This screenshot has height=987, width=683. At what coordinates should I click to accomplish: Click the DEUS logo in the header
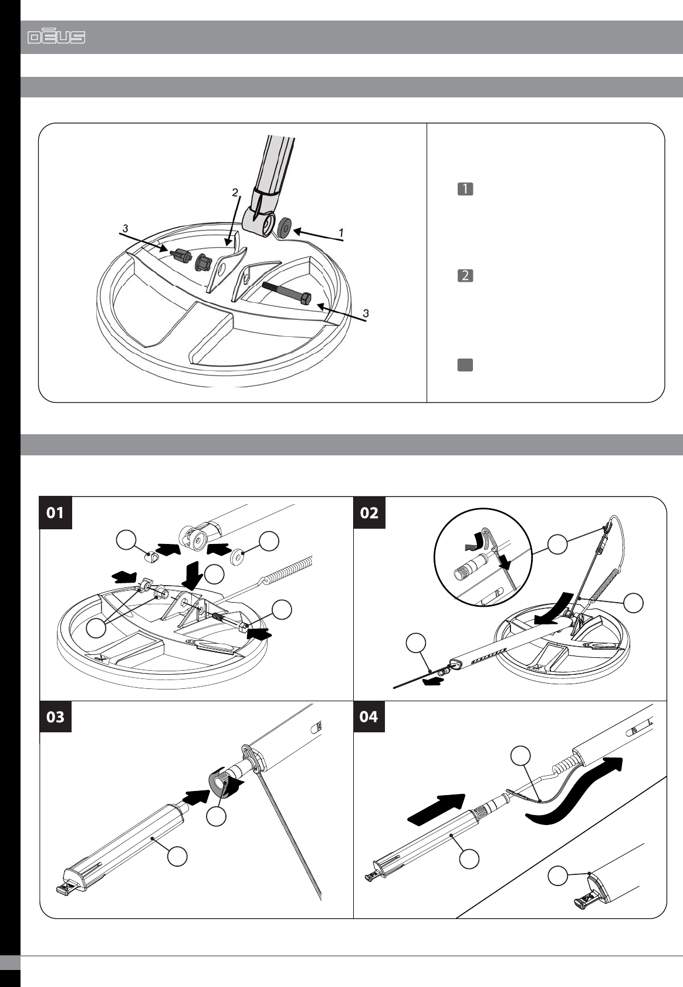[56, 38]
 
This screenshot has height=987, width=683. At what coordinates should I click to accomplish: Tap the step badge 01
[56, 513]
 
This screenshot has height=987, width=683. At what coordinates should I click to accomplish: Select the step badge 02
[370, 513]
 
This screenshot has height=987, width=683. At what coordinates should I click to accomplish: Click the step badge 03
[56, 716]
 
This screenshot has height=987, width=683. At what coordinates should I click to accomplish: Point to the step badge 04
[369, 716]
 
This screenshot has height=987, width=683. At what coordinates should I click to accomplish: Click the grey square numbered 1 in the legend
[465, 189]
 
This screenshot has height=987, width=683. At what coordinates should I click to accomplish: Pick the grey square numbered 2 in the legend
[465, 275]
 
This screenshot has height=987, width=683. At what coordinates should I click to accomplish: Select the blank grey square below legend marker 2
[465, 364]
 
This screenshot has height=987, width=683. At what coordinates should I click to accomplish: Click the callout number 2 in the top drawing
[235, 192]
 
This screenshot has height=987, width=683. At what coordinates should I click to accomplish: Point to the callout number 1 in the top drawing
[340, 233]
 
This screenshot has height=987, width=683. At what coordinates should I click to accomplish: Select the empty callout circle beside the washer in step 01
[269, 541]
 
